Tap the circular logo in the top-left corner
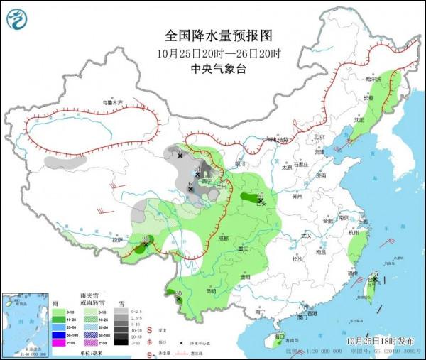20,19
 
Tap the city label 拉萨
117,241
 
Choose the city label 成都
224,239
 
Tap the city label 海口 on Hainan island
279,336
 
